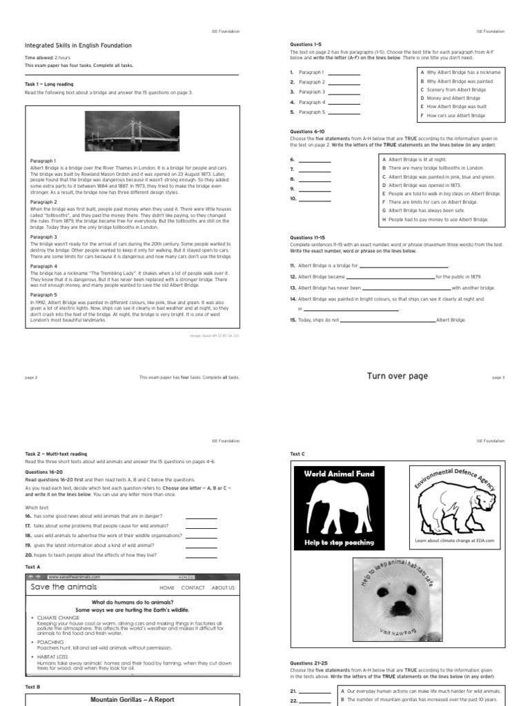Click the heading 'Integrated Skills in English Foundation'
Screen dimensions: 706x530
point(78,46)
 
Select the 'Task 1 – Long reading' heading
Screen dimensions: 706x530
point(49,84)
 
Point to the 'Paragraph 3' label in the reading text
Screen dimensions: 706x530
point(43,236)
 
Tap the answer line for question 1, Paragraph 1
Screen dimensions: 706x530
point(343,72)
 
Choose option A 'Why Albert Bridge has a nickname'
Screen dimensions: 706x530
point(463,72)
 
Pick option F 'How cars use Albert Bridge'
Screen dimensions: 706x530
point(456,116)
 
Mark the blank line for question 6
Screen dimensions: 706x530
point(315,160)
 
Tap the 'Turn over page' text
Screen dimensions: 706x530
point(397,376)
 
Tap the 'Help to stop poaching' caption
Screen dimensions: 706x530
point(340,543)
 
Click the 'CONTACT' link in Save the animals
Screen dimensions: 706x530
point(193,588)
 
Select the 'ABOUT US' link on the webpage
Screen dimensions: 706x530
point(223,588)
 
